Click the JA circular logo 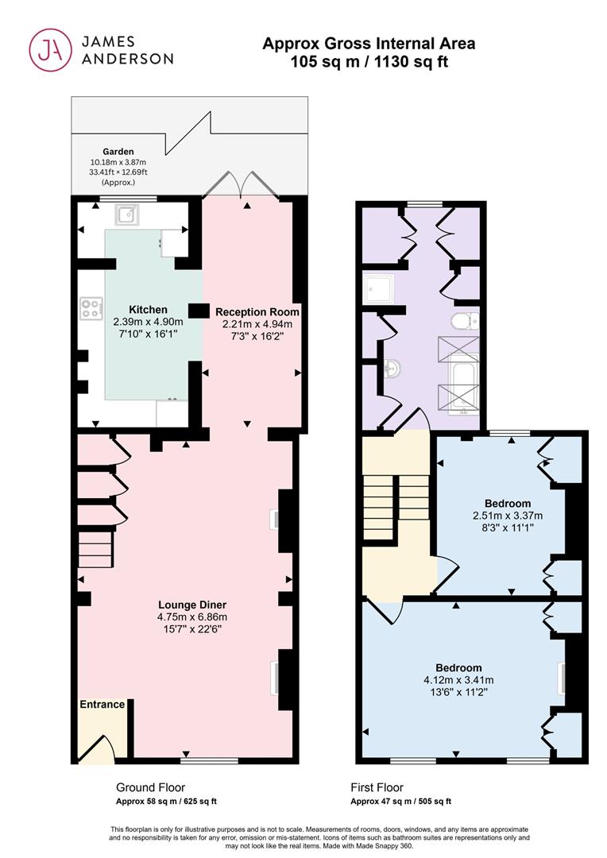50,50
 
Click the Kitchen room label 148,310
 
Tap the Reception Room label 257,312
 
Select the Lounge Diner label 192,605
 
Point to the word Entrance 102,704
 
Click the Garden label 118,152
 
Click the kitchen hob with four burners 91,308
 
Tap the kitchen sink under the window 127,214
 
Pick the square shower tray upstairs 379,288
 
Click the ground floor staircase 95,550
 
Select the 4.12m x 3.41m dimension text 458,680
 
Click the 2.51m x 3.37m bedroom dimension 508,516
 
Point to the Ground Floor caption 150,787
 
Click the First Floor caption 377,787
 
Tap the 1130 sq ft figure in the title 411,62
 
